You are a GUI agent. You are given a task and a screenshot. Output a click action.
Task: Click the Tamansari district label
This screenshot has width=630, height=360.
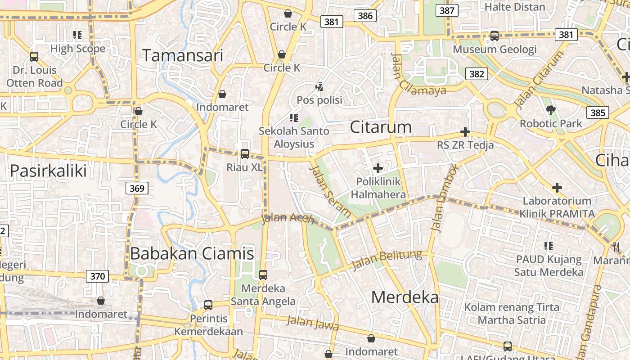pos(183,55)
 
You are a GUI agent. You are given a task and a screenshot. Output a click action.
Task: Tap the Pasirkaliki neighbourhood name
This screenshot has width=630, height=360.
pos(48,171)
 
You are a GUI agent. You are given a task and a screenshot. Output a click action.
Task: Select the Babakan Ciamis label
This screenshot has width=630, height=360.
pos(192,254)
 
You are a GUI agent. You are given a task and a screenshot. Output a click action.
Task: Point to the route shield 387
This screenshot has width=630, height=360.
pos(447,10)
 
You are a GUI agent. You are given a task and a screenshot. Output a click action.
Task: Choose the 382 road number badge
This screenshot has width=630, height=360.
pos(476,74)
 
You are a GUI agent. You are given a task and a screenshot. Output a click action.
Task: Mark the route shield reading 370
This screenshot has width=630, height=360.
pos(97,276)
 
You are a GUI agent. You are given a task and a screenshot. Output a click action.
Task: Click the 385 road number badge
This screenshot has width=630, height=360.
pos(598,112)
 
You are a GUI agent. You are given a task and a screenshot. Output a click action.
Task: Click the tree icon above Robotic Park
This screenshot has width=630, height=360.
pos(550,110)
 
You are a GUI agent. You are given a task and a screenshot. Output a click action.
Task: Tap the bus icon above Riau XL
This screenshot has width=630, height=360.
pos(244,154)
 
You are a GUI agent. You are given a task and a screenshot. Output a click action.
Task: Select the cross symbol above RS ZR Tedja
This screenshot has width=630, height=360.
pos(465,132)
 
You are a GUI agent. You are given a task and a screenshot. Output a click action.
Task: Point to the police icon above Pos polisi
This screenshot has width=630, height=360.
pos(319,86)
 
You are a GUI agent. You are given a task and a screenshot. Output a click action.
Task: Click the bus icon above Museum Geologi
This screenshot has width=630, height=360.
pos(495,36)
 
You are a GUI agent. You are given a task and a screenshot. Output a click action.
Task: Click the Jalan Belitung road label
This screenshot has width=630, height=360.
pos(387,260)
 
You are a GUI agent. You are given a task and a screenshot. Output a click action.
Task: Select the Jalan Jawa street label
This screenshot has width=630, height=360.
pos(313,323)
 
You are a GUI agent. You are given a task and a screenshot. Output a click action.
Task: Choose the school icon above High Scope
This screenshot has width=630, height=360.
pos(77,35)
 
